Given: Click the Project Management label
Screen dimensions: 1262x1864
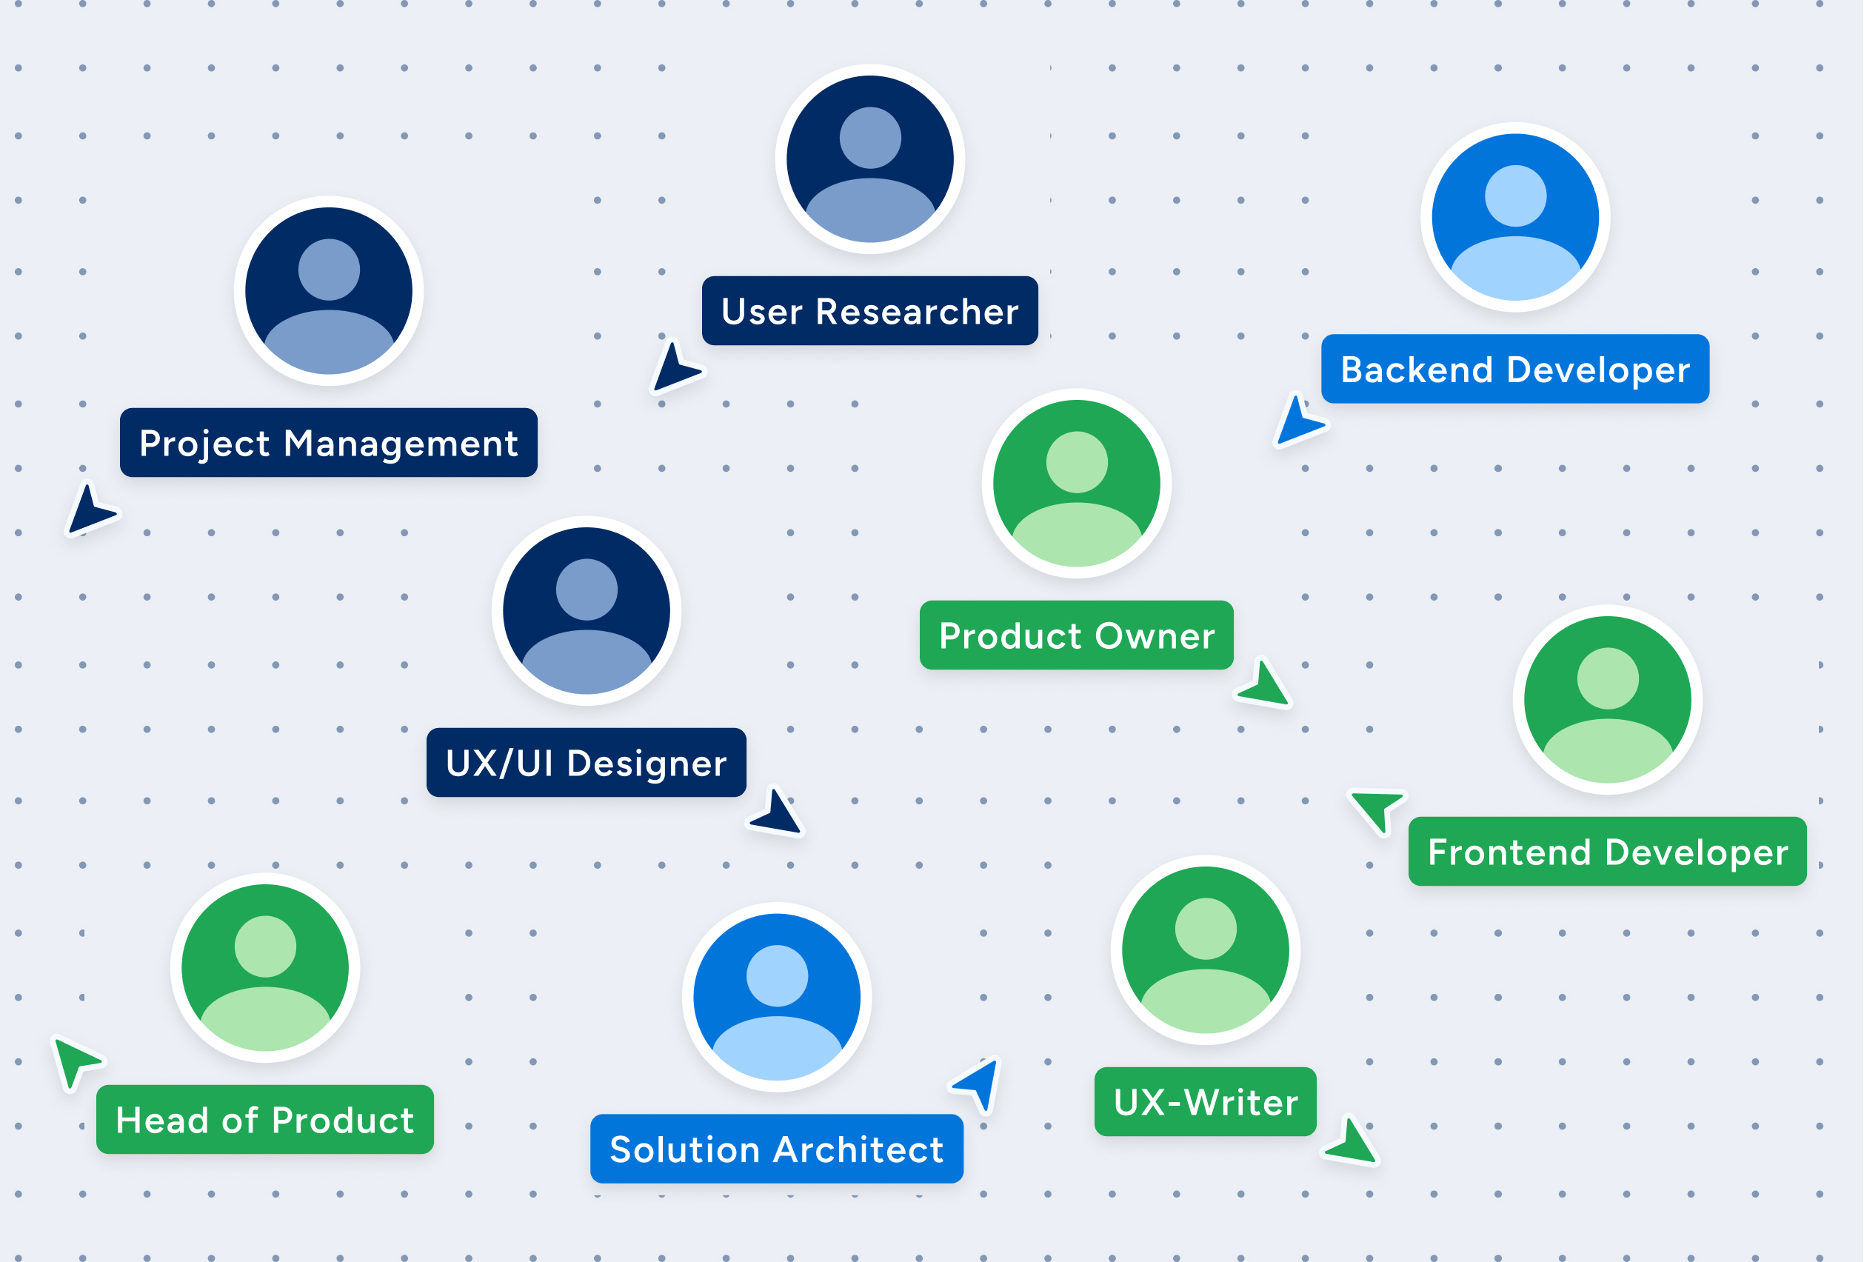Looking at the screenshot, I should click(x=328, y=443).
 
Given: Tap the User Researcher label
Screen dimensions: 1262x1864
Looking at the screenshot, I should click(x=869, y=311).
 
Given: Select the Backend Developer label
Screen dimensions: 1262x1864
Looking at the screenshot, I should click(x=1514, y=369).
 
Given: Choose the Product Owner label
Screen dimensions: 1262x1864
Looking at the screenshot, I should click(x=1075, y=635).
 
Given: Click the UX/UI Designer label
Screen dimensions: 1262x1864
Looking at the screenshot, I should click(x=586, y=762).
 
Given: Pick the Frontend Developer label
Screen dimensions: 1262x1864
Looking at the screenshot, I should click(x=1606, y=851).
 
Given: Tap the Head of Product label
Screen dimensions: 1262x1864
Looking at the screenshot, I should click(x=264, y=1119).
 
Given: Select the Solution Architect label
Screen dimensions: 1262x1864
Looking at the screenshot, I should click(x=775, y=1148).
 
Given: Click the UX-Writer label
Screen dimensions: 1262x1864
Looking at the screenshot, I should click(x=1205, y=1101).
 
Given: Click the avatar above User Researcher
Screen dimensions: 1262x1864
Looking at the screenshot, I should click(x=869, y=158).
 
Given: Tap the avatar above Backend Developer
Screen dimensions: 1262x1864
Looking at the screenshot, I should click(x=1514, y=216).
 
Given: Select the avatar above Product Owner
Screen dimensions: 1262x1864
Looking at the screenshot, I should click(x=1075, y=483).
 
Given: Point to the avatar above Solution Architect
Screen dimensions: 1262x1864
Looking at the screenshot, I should click(x=775, y=996).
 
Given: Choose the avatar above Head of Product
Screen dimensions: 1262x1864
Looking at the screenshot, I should click(x=264, y=966).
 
